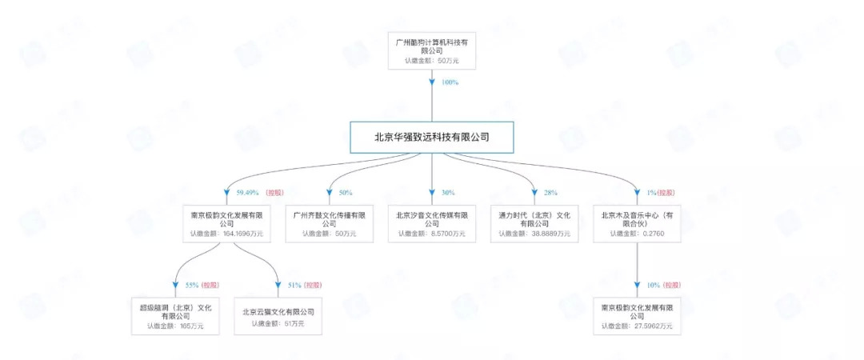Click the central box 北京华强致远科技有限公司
pyautogui.click(x=432, y=138)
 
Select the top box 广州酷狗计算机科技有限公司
pyautogui.click(x=431, y=50)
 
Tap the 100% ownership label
pyautogui.click(x=450, y=82)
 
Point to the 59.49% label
pyautogui.click(x=247, y=193)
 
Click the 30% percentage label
pyautogui.click(x=448, y=193)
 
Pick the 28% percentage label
pyautogui.click(x=550, y=193)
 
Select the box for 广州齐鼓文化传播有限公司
pyautogui.click(x=330, y=224)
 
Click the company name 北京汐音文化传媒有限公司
pyautogui.click(x=432, y=219)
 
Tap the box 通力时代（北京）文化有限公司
pyautogui.click(x=534, y=224)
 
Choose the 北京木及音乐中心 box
pyautogui.click(x=638, y=224)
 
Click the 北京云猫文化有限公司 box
pyautogui.click(x=278, y=316)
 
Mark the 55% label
pyautogui.click(x=192, y=285)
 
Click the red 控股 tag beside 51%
pyautogui.click(x=314, y=285)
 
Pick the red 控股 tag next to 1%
pyautogui.click(x=667, y=193)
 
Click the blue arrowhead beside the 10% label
pyautogui.click(x=638, y=286)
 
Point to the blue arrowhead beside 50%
pyautogui.click(x=330, y=194)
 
